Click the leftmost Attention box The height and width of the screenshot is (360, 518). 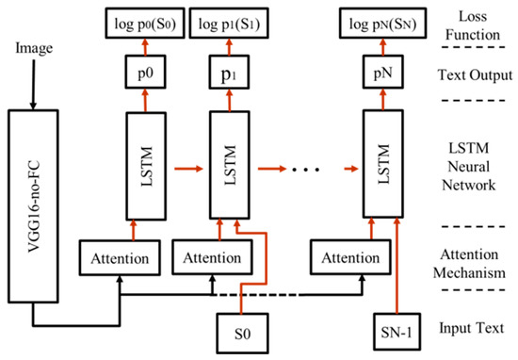(x=119, y=256)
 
